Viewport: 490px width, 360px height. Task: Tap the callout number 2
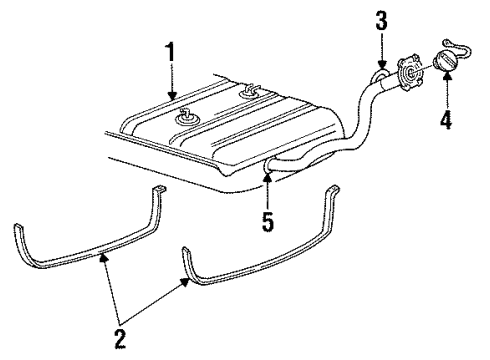[x=120, y=341]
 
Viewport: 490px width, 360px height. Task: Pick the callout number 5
[x=266, y=219]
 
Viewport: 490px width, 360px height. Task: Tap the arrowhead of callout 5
[x=266, y=176]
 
